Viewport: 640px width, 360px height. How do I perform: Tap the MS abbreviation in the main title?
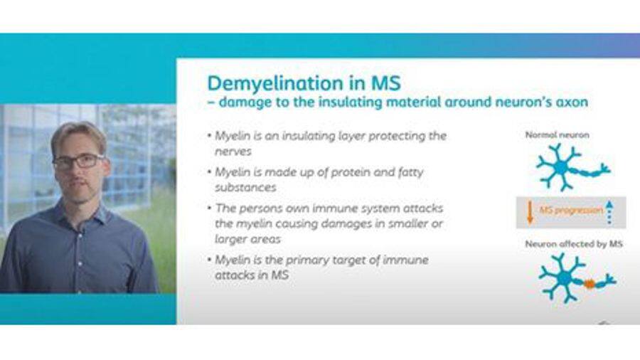(x=385, y=83)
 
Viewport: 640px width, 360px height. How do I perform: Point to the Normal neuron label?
(x=557, y=134)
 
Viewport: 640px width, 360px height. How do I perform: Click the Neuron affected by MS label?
(x=573, y=244)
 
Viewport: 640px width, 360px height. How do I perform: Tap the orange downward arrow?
(x=530, y=212)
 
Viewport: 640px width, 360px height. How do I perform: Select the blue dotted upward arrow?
(x=609, y=212)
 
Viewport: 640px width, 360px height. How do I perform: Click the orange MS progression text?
(x=571, y=211)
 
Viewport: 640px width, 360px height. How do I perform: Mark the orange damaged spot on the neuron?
(x=589, y=283)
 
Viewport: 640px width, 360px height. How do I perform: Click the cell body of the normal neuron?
(x=561, y=167)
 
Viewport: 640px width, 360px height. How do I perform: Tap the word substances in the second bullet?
(x=246, y=188)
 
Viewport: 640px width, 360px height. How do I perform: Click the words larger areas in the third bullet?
(x=247, y=239)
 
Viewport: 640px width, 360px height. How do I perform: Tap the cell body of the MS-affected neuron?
(x=565, y=278)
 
